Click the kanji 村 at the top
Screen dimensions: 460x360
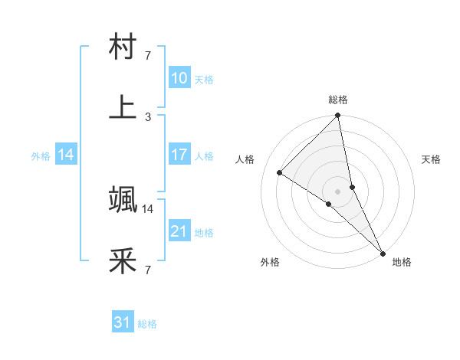[x=123, y=48]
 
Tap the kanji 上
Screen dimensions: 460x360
[x=123, y=106]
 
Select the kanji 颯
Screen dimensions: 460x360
[x=123, y=200]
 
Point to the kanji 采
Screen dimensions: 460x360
[x=123, y=261]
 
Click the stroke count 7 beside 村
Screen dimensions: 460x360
[x=148, y=56]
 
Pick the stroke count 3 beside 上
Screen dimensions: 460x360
[x=148, y=116]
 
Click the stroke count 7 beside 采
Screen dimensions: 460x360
[x=148, y=270]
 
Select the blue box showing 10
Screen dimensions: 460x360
[x=179, y=78]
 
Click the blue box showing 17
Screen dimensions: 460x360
[x=179, y=155]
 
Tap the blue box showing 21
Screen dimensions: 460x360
[x=179, y=231]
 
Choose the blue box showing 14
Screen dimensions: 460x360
[x=66, y=155]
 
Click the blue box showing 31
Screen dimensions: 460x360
[x=123, y=323]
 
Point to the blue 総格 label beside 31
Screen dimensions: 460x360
[x=148, y=324]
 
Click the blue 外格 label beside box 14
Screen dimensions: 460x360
[x=41, y=155]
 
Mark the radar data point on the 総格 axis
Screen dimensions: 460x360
[x=337, y=116]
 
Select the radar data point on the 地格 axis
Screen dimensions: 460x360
[x=383, y=252]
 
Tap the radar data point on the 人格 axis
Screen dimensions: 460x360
[x=280, y=172]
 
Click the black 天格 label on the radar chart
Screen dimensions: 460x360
[x=432, y=159]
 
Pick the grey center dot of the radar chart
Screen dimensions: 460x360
[x=337, y=191]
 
